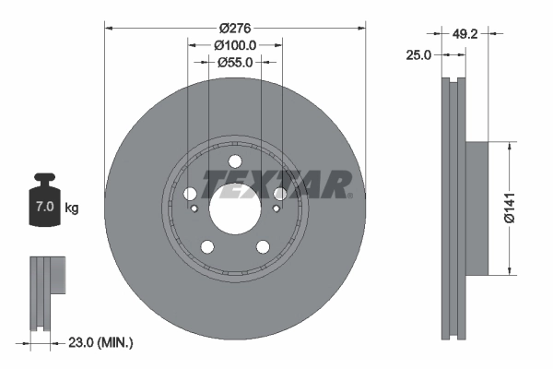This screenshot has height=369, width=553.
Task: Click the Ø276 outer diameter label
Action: (234, 27)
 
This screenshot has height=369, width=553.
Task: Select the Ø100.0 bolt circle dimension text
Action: (234, 44)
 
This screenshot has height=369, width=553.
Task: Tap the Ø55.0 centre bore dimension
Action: (234, 62)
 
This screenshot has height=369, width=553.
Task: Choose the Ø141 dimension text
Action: (523, 208)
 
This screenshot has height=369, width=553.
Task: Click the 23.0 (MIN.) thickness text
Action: (101, 342)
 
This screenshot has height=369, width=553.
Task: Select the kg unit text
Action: (72, 208)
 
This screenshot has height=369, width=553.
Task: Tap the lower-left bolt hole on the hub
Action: (207, 245)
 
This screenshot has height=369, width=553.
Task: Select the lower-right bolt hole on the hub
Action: (262, 245)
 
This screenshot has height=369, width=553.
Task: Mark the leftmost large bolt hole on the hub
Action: (191, 194)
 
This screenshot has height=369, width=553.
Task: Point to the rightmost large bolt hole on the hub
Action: (278, 194)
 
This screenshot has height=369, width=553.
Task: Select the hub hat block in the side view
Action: (477, 208)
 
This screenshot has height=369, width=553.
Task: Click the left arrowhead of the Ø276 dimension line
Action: (110, 27)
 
